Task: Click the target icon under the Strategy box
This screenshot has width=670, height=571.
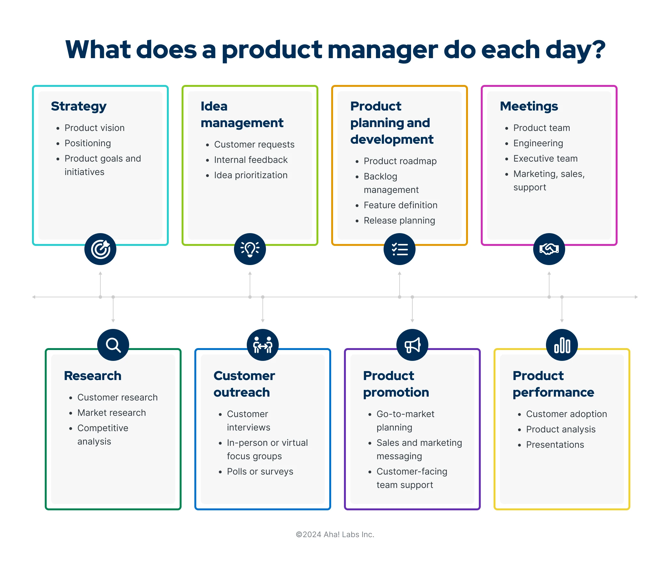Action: [x=100, y=249]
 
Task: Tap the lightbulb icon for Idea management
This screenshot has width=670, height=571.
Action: [x=250, y=249]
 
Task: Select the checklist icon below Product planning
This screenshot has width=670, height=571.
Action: [x=400, y=249]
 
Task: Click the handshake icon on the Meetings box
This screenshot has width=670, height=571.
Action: [x=549, y=249]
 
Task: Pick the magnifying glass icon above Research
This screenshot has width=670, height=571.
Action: [x=113, y=345]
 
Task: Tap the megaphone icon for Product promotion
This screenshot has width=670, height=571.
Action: [x=412, y=345]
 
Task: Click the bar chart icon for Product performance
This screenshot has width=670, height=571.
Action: [x=562, y=345]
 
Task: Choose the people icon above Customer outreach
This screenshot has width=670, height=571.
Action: [x=262, y=345]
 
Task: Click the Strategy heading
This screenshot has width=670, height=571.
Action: [x=79, y=107]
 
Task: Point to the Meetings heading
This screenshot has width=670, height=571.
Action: [x=529, y=107]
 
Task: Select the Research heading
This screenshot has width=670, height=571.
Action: [x=93, y=376]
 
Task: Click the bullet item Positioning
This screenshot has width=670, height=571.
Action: [x=88, y=143]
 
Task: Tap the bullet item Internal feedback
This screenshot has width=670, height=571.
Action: [x=251, y=160]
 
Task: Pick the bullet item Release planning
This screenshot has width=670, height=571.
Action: [x=399, y=221]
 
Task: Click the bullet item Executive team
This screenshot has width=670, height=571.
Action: [x=546, y=159]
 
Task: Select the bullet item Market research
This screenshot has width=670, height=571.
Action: [x=112, y=413]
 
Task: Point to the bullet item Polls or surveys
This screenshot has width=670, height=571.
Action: [x=260, y=472]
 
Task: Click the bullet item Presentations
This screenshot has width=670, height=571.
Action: [x=555, y=445]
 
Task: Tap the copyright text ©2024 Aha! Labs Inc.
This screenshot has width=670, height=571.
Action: [x=335, y=535]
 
